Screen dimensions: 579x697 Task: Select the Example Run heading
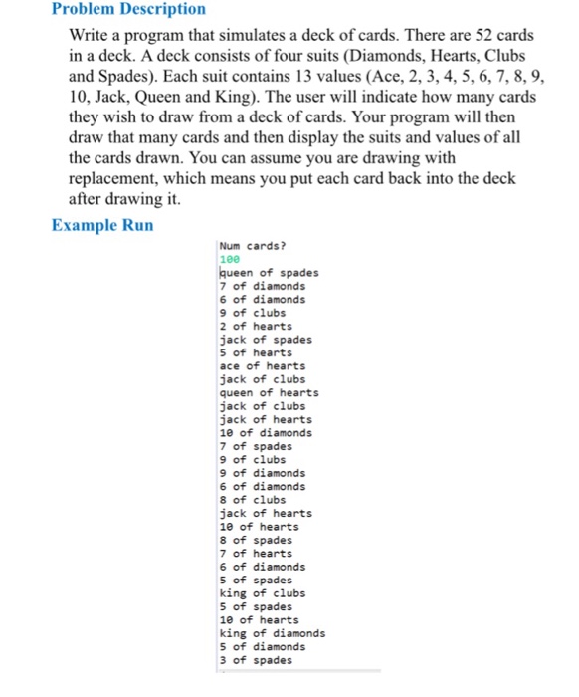(102, 225)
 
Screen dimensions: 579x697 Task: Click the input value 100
(229, 259)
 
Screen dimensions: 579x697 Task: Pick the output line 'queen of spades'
(269, 272)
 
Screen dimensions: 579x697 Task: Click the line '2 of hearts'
(256, 326)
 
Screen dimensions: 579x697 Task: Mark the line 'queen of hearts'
(269, 392)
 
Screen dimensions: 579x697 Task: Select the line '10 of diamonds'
(265, 432)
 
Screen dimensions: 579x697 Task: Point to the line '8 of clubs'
(252, 500)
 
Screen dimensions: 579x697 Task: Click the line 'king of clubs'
(262, 593)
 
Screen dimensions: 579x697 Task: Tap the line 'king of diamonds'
(272, 633)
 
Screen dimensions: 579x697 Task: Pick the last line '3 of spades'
(256, 660)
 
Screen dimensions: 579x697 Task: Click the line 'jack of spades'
(265, 339)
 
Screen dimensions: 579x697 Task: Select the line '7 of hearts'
(256, 553)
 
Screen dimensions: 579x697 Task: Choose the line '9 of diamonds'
(262, 473)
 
